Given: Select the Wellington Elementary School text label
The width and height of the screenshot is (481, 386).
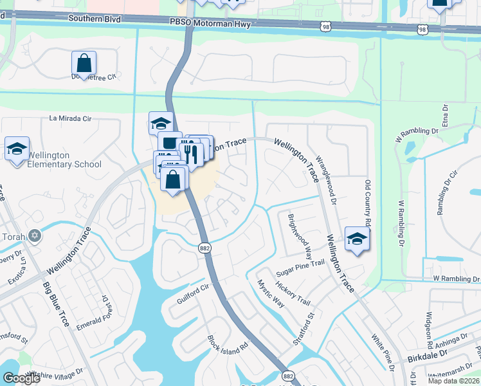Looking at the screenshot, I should pyautogui.click(x=64, y=160).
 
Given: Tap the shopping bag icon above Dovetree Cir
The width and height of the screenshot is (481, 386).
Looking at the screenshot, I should pyautogui.click(x=84, y=64).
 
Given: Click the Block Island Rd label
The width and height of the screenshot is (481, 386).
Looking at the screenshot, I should pyautogui.click(x=228, y=343).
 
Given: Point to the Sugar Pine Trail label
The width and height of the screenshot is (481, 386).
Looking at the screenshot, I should pyautogui.click(x=300, y=264).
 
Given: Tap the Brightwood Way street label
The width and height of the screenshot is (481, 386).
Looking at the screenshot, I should pyautogui.click(x=300, y=233).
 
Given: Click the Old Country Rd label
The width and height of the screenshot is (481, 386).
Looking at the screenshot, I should pyautogui.click(x=368, y=203).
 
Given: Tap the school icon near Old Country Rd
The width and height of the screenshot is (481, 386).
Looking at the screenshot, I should pyautogui.click(x=357, y=239).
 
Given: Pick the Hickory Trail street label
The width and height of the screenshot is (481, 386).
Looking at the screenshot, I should pyautogui.click(x=293, y=293).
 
